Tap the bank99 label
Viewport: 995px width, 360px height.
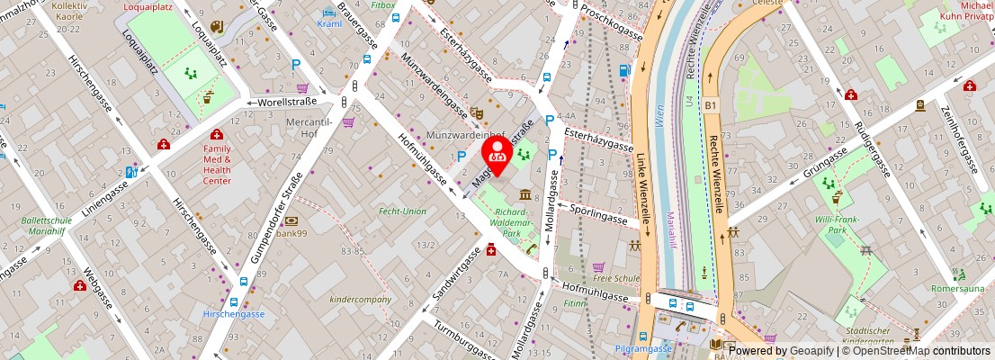[292, 233]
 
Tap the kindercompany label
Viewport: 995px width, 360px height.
[361, 300]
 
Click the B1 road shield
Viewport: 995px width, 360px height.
[711, 105]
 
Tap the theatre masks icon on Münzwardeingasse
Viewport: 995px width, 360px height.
[478, 112]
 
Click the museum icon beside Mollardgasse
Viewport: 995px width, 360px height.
[524, 194]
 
